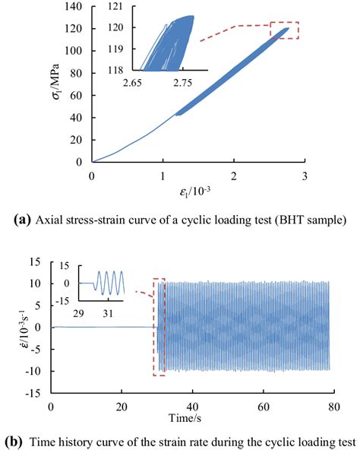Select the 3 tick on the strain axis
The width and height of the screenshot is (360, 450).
pyautogui.click(x=305, y=176)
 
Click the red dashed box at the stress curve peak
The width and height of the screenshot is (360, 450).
pyautogui.click(x=285, y=30)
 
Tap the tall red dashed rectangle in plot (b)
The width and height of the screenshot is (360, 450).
pyautogui.click(x=159, y=327)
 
